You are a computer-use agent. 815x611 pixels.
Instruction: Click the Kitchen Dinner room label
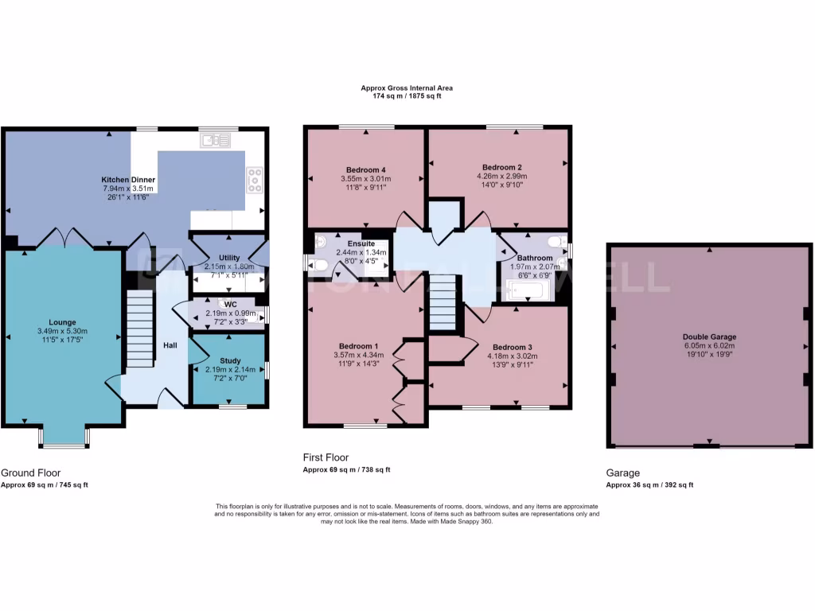(x=128, y=180)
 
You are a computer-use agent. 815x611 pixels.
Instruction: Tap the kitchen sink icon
(x=216, y=141)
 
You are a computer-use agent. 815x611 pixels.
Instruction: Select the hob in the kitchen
(x=255, y=180)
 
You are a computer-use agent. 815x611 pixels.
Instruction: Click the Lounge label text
(x=61, y=322)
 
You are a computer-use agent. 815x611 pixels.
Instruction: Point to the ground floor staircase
(x=139, y=328)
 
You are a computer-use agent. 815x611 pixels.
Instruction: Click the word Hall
(x=170, y=345)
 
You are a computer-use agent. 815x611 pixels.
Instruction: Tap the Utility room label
(x=229, y=259)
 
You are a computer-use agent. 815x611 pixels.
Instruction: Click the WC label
(x=231, y=304)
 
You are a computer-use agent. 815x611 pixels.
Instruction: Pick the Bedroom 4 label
(x=367, y=169)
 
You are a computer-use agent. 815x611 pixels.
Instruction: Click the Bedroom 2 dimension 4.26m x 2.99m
(x=501, y=176)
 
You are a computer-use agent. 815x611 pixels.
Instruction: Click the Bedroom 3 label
(x=513, y=347)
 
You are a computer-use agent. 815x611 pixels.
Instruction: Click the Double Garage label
(x=708, y=337)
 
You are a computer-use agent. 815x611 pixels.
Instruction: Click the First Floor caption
(x=327, y=457)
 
